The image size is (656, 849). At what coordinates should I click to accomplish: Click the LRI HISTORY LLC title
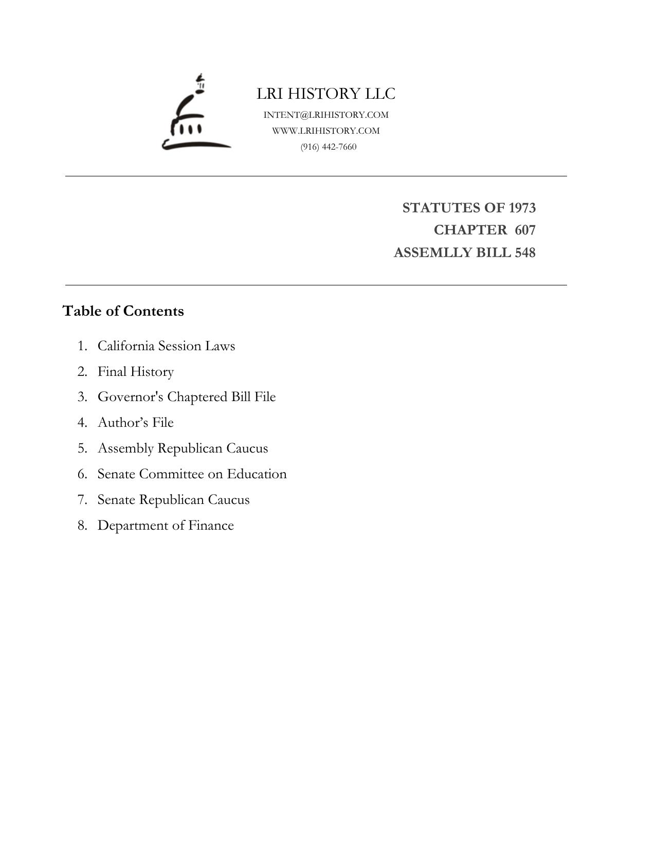pos(326,94)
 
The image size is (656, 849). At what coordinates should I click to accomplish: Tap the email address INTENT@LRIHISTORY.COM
pos(326,115)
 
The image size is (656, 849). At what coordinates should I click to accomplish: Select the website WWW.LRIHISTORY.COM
pos(326,131)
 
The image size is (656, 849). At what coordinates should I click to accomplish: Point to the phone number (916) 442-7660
pos(329,147)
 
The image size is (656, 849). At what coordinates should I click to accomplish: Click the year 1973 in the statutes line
pos(522,208)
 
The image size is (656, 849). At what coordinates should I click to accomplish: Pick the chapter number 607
pos(525,230)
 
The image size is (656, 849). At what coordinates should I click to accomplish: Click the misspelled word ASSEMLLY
pos(429,253)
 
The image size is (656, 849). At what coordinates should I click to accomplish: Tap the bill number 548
pos(525,253)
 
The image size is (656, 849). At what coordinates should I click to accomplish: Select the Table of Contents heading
pos(123,311)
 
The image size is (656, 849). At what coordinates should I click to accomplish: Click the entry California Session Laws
pos(166,346)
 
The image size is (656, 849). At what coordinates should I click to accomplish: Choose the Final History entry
pos(136,371)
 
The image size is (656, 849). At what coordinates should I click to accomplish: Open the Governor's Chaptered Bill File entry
pos(187,397)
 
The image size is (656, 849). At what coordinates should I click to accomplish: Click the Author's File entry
pos(136,423)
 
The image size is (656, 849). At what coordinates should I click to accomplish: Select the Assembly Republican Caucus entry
pos(183,448)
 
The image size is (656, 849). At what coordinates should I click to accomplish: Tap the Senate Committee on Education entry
pos(192,474)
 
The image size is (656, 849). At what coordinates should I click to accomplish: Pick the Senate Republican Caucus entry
pos(173,500)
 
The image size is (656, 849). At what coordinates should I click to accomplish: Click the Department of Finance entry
pos(166,526)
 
